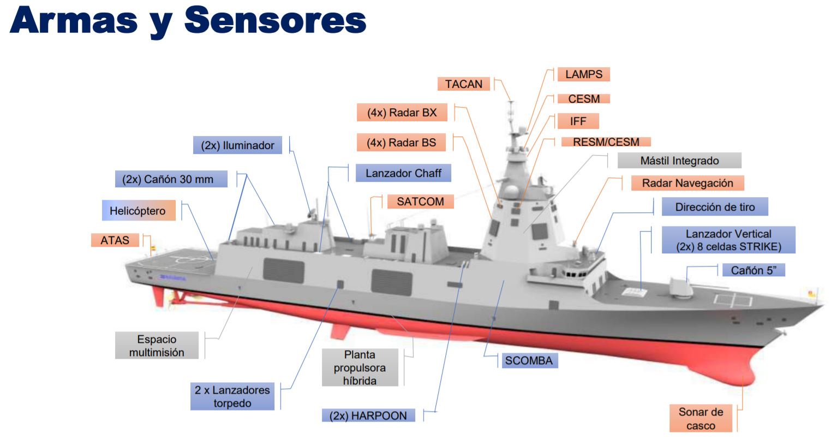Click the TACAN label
(x=463, y=84)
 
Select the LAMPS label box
(x=583, y=74)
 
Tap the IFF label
(x=578, y=121)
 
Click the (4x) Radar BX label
(x=402, y=112)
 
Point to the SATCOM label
(x=420, y=201)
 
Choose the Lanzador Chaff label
(x=403, y=173)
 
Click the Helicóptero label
(x=138, y=211)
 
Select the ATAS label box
(x=115, y=240)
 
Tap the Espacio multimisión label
(x=157, y=346)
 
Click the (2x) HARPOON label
(x=368, y=416)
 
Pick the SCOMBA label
(x=529, y=360)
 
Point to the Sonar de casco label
(x=701, y=419)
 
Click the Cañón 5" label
(x=754, y=270)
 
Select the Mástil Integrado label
(x=679, y=161)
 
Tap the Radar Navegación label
(x=687, y=183)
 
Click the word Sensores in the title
(x=275, y=21)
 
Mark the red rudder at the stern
(x=158, y=295)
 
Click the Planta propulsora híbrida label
(x=360, y=367)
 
